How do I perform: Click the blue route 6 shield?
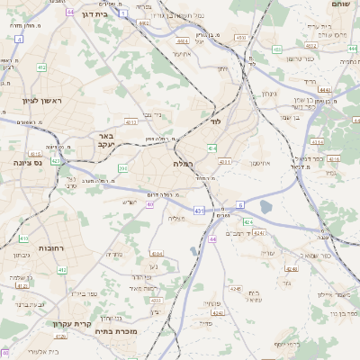[240, 205]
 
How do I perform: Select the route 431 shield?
[197, 210]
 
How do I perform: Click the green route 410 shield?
[23, 239]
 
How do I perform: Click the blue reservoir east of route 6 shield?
[265, 207]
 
